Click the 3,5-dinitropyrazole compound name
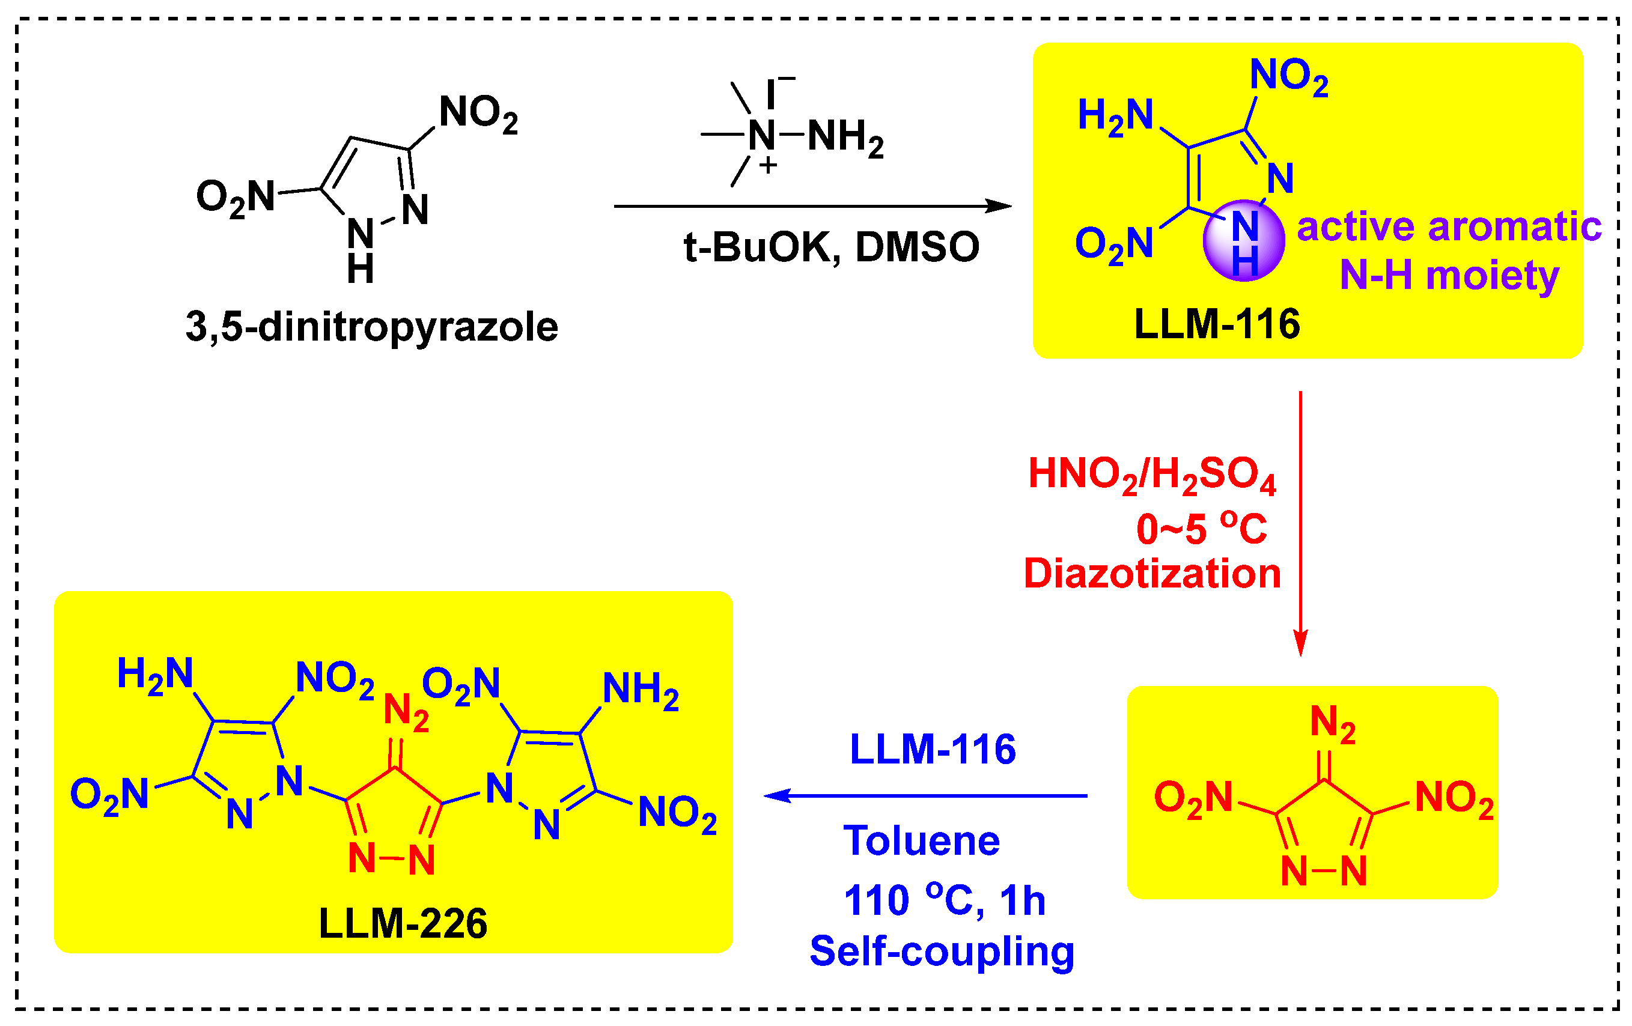point(371,327)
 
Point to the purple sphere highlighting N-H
point(1243,240)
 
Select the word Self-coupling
point(942,951)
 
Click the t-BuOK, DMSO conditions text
point(831,247)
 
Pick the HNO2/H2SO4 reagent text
point(1151,474)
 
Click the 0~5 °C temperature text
point(1201,528)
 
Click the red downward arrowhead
point(1300,642)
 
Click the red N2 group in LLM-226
point(405,712)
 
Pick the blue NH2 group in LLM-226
point(640,690)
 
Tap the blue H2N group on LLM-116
point(1115,115)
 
